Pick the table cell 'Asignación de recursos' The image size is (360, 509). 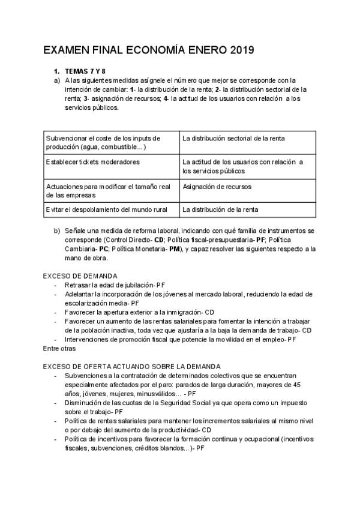coord(217,187)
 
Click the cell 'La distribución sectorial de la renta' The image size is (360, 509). coord(234,139)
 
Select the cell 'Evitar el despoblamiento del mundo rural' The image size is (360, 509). coord(106,209)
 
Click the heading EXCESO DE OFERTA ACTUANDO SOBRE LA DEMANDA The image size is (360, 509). coord(131,366)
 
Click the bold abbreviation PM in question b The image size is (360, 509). coord(175,248)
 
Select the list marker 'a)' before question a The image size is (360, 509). coord(57,80)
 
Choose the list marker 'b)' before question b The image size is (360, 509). coord(57,230)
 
